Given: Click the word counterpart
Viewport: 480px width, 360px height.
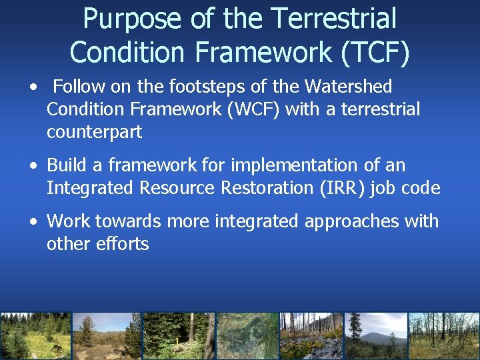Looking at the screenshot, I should point(94,132).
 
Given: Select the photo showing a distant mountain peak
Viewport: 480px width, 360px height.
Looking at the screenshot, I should point(377,336).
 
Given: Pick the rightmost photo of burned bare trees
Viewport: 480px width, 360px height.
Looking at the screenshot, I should point(444,336).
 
